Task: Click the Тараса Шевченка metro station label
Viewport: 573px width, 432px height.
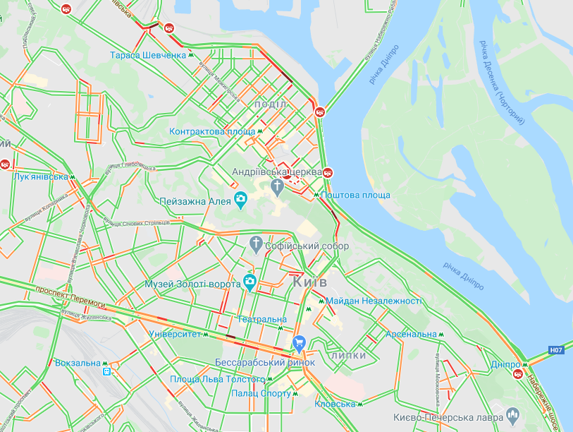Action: [148, 55]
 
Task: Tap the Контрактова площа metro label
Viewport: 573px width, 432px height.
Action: [212, 131]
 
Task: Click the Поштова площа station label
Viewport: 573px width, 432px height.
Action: [354, 195]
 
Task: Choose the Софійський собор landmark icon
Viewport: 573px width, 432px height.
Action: [257, 246]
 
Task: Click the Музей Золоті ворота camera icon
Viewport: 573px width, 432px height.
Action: [249, 283]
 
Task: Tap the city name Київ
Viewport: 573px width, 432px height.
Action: [309, 282]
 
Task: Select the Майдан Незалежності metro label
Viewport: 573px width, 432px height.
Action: [374, 301]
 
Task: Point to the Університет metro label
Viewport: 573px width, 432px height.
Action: [175, 334]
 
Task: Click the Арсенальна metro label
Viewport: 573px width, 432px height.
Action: [411, 334]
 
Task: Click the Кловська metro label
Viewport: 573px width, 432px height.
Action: [335, 404]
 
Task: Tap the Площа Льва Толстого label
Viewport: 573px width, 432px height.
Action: [207, 380]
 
